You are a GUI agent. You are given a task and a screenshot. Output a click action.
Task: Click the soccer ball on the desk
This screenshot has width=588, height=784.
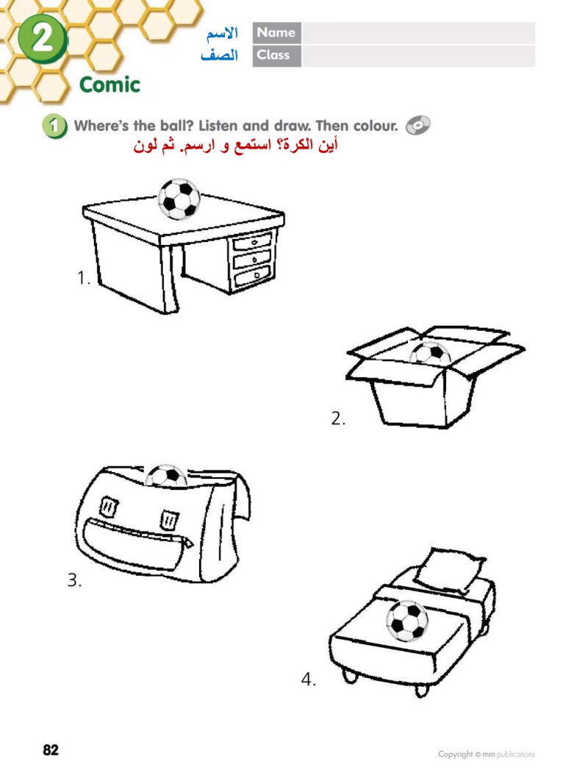[179, 199]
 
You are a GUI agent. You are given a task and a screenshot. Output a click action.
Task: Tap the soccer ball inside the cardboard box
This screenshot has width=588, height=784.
[429, 352]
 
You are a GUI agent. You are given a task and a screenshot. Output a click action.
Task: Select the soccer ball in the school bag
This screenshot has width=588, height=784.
[165, 476]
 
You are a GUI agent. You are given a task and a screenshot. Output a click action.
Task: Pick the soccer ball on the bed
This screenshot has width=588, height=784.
[407, 621]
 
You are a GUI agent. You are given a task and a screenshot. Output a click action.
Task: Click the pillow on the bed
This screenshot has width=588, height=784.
[448, 570]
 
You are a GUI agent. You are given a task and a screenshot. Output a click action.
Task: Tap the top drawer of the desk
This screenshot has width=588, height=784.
[253, 242]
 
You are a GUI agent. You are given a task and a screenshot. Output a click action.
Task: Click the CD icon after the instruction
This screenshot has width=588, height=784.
[417, 125]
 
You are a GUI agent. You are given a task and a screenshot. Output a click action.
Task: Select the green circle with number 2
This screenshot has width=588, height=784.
[43, 38]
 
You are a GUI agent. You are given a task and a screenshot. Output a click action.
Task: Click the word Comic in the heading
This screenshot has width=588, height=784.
[110, 85]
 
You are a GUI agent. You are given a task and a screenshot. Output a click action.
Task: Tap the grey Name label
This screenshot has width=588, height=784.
[276, 33]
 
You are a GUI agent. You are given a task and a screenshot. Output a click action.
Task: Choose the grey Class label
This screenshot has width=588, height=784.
[276, 55]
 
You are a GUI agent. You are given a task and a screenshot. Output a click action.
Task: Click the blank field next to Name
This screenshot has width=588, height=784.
[419, 33]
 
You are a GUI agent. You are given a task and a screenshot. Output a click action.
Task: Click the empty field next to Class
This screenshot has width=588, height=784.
[419, 55]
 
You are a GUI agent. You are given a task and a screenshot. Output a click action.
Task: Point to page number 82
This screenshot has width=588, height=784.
[51, 749]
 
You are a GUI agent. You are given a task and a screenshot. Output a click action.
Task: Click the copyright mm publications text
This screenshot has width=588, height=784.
[486, 754]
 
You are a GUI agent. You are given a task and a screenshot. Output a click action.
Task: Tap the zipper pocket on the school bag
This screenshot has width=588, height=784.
[137, 543]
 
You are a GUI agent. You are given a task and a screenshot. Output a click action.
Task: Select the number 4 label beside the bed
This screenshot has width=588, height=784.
[308, 679]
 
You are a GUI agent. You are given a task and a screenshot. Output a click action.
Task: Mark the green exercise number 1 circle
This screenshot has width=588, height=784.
[54, 126]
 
